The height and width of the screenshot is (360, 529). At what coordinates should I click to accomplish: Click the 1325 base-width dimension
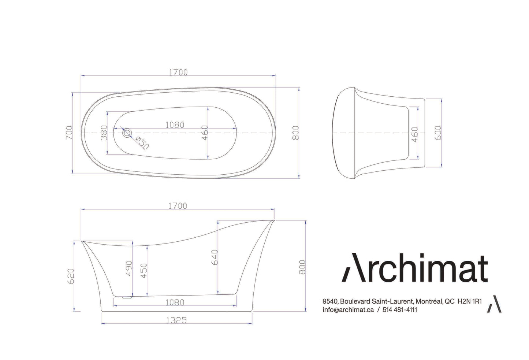[x=176, y=320]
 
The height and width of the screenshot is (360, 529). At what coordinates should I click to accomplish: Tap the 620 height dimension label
[x=71, y=276]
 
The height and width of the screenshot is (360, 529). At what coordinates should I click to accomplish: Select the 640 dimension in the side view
[x=215, y=257]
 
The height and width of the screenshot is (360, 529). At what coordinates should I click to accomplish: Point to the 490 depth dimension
[x=129, y=268]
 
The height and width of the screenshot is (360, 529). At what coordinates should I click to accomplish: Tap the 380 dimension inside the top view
[x=104, y=132]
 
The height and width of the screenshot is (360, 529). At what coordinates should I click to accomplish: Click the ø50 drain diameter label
[x=142, y=142]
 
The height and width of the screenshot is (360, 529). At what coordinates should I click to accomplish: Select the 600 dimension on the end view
[x=439, y=133]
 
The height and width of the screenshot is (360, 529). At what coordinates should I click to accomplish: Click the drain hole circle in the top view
[x=127, y=133]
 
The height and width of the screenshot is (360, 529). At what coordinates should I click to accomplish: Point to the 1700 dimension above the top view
[x=178, y=72]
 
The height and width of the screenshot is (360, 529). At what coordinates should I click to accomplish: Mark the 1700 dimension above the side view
[x=178, y=206]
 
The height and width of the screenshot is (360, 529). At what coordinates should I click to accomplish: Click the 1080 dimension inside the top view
[x=175, y=125]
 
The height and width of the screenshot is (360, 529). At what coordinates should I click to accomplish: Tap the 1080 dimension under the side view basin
[x=175, y=303]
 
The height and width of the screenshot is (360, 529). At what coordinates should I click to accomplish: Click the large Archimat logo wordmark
[x=415, y=268]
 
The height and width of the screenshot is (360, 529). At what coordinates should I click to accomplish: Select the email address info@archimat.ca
[x=348, y=310]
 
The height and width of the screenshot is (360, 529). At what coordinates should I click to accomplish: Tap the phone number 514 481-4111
[x=400, y=310]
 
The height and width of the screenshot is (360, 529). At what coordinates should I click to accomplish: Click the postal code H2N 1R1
[x=470, y=302]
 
